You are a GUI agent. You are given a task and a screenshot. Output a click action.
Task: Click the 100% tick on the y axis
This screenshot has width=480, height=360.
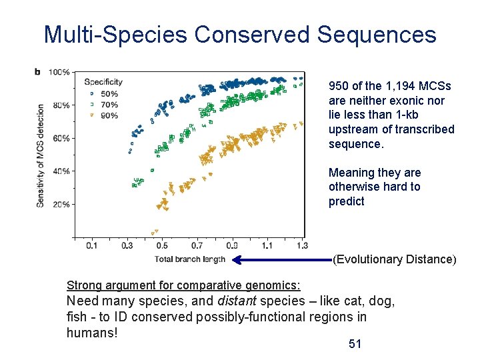click(60, 72)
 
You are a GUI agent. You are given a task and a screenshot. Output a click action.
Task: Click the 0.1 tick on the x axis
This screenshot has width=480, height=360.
click(92, 246)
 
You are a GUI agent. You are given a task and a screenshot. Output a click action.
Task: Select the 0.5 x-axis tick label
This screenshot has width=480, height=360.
click(162, 246)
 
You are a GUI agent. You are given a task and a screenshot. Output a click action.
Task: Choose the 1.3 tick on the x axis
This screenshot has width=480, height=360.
click(302, 246)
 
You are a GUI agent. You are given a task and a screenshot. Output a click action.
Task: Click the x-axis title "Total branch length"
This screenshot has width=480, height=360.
click(190, 259)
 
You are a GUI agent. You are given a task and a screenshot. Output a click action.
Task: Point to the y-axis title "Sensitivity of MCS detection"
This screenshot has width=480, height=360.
click(41, 155)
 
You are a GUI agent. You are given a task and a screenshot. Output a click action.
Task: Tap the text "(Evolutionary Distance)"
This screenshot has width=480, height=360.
click(394, 259)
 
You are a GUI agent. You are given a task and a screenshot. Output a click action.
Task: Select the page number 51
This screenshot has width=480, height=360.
click(355, 344)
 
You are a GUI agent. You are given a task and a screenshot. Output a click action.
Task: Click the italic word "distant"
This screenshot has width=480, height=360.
click(237, 301)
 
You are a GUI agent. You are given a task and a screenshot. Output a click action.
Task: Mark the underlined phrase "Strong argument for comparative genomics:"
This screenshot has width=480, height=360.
click(183, 285)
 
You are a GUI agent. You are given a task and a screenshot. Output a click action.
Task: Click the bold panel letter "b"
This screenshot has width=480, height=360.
click(37, 71)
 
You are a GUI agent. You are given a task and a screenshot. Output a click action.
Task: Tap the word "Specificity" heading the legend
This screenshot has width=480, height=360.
click(103, 82)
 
